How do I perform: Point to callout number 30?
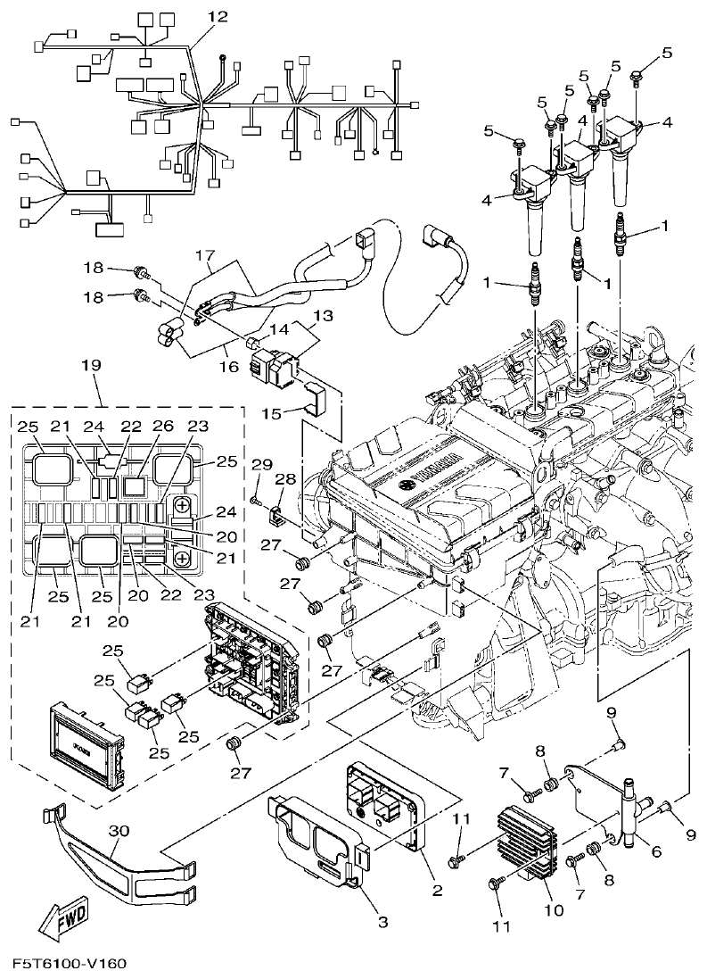[119, 830]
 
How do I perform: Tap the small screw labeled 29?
[256, 502]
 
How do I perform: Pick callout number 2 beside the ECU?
[437, 890]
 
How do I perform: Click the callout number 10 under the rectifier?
[554, 910]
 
